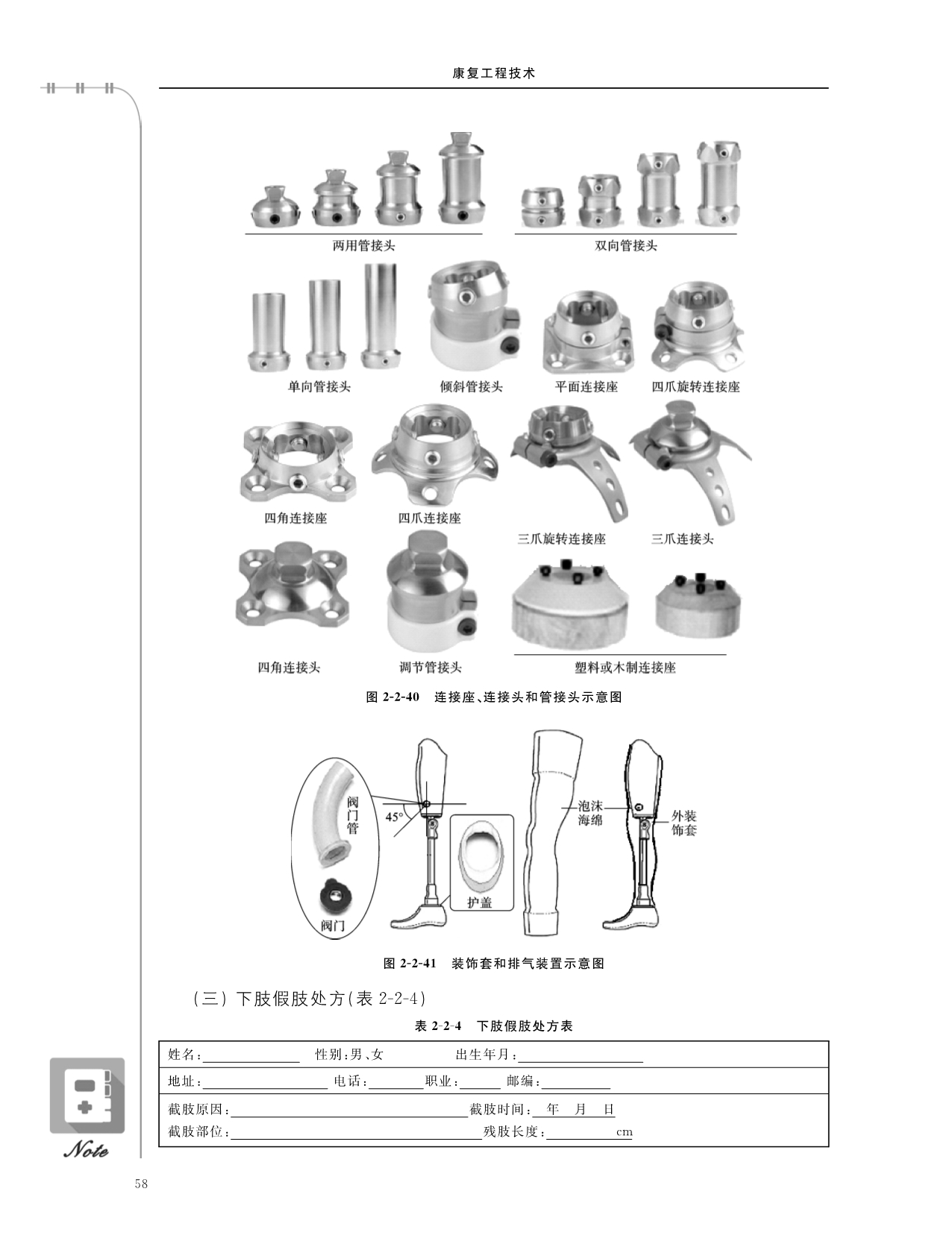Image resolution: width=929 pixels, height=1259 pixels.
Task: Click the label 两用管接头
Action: (x=364, y=245)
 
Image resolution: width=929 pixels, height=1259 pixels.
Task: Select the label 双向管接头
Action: (x=626, y=245)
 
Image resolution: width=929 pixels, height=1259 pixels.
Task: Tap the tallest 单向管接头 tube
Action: (x=381, y=315)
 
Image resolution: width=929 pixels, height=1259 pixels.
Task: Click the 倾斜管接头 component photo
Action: (x=474, y=316)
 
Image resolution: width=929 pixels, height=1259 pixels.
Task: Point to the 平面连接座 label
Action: (x=587, y=386)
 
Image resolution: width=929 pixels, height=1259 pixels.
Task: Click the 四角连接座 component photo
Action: (x=298, y=461)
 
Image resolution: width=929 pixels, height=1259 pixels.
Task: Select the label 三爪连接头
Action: (x=683, y=539)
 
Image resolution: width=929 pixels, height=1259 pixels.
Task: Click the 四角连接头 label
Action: (x=289, y=668)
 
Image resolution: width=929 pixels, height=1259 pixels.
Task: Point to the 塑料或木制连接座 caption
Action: (x=625, y=668)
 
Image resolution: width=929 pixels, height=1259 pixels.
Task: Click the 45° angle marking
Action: (x=394, y=817)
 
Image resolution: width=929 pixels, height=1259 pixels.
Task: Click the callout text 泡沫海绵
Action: (x=590, y=813)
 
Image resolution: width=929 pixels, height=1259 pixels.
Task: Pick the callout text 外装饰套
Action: (x=684, y=823)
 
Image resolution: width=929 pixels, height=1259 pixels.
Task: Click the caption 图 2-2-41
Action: (x=410, y=964)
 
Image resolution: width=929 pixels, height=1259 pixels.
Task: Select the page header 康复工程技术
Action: (x=494, y=73)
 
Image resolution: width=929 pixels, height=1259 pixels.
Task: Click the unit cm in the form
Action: (x=625, y=1132)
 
